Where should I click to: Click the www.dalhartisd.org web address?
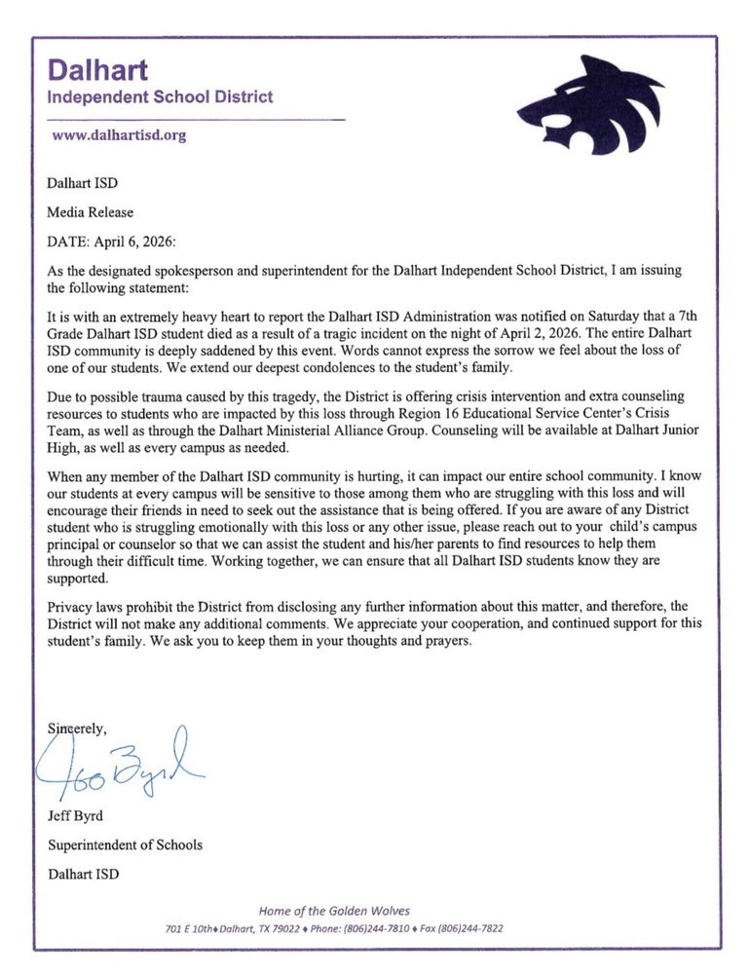coord(118,136)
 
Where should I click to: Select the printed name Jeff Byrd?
coord(75,816)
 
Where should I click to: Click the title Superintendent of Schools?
coord(126,844)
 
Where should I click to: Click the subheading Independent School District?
coord(161,97)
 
